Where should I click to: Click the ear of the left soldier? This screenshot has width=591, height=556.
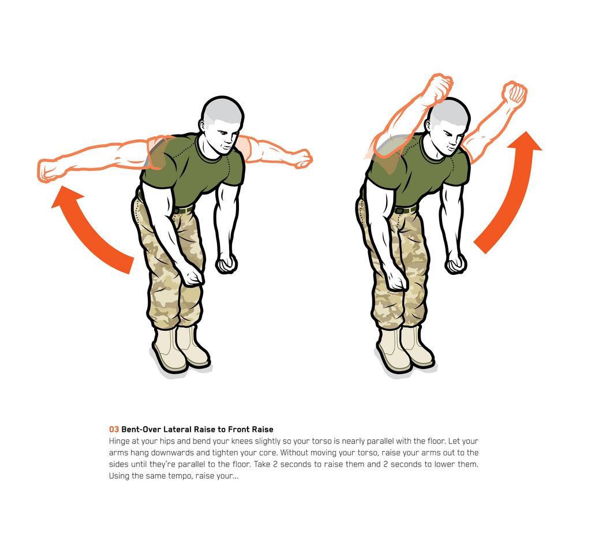click(203, 125)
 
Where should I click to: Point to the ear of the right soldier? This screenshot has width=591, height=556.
click(428, 126)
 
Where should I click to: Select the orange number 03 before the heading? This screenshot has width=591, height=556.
click(114, 430)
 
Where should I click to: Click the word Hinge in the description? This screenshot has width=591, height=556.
click(119, 441)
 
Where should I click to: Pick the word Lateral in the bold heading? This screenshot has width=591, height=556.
click(179, 430)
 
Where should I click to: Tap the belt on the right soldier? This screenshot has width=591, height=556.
click(406, 210)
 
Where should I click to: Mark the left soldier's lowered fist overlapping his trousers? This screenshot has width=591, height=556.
click(193, 277)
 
